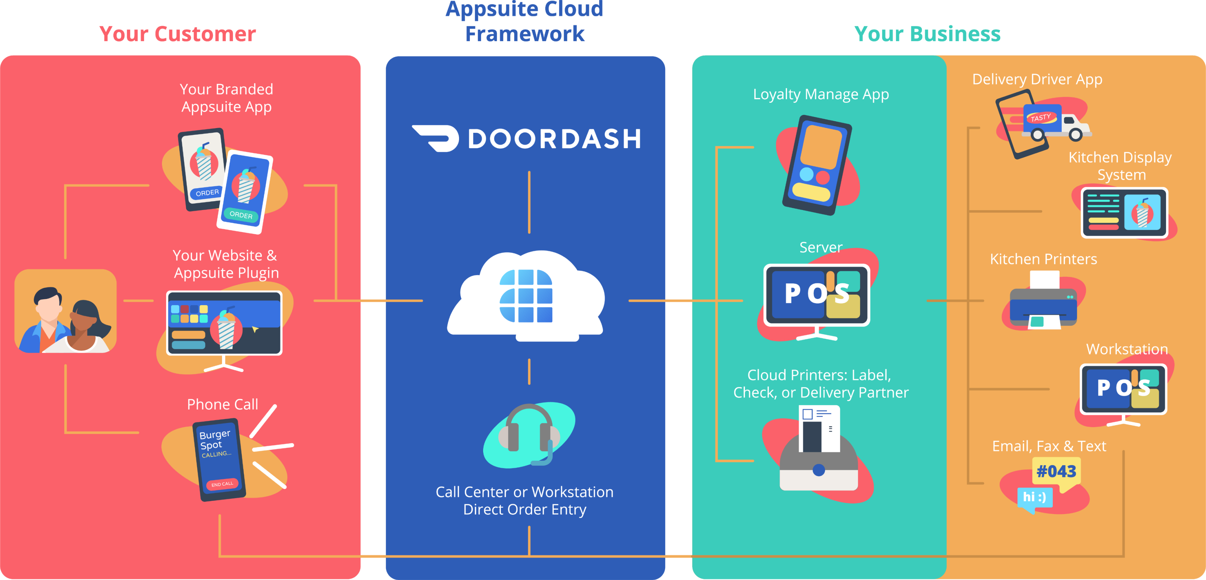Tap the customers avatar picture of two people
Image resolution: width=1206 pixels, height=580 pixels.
[66, 311]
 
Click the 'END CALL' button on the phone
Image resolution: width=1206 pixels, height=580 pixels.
[222, 484]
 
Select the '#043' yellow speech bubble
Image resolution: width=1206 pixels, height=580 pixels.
[1056, 471]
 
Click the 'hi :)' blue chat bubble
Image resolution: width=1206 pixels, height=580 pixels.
[1035, 497]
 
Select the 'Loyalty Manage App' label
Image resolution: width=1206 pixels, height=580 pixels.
[821, 95]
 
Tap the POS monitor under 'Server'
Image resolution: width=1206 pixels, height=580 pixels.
[817, 296]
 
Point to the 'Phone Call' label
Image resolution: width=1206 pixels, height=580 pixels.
[222, 404]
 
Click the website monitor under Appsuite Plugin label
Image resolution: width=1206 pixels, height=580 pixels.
[224, 323]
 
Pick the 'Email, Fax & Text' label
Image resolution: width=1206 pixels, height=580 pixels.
[1049, 446]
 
